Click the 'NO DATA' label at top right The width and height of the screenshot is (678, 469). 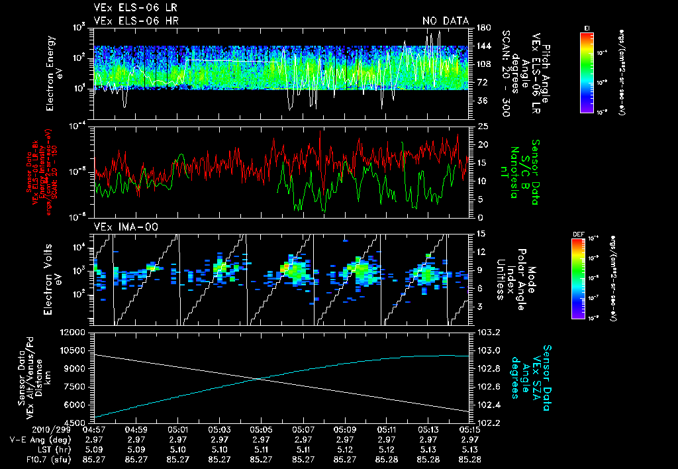pos(446,21)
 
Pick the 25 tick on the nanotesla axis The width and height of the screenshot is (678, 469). pos(483,127)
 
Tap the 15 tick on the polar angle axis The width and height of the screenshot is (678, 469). pos(481,234)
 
